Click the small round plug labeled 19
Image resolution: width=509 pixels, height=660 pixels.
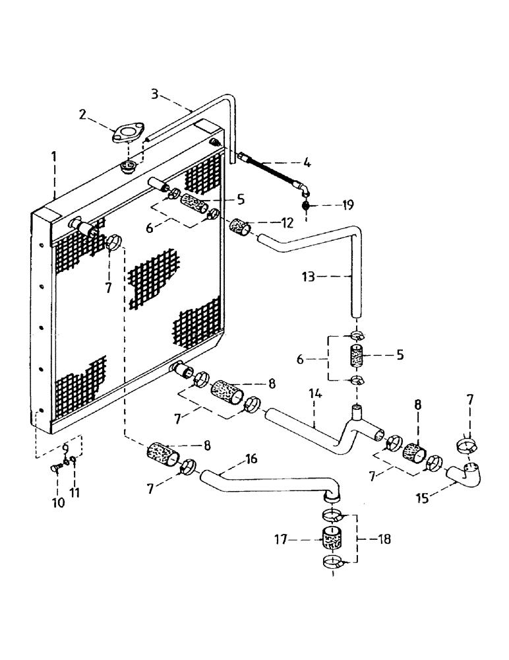click(306, 206)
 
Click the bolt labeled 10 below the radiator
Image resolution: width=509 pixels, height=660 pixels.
click(56, 470)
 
